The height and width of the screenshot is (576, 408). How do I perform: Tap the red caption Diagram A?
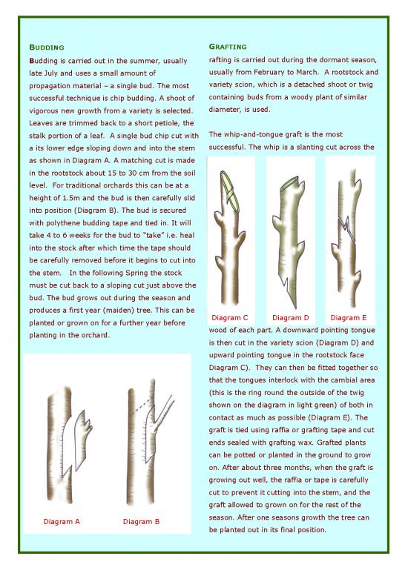[62, 521]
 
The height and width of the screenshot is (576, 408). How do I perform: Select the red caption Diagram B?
[141, 521]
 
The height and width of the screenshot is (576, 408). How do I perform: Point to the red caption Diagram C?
[229, 318]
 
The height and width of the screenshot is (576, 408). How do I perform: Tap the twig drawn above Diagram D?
[289, 237]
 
